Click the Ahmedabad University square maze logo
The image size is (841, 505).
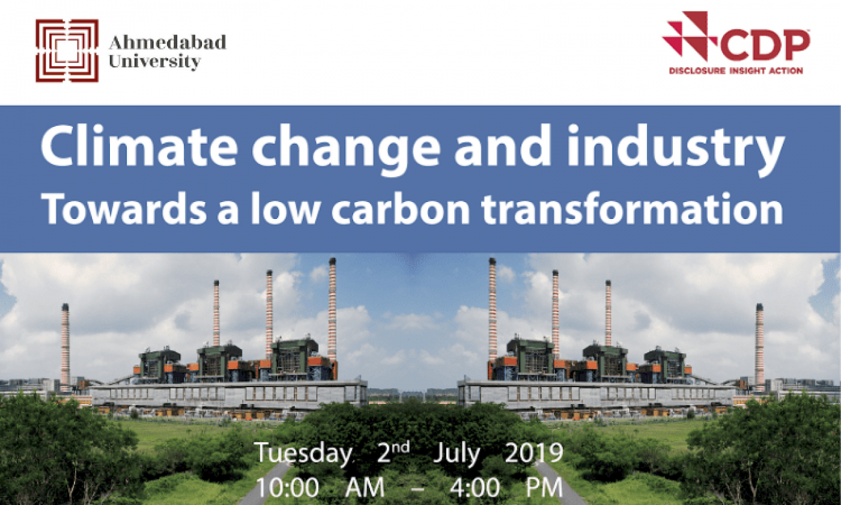click(67, 50)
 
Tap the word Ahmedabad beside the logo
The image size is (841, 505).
click(168, 43)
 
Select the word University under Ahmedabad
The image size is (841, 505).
click(155, 61)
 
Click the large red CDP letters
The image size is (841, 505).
click(765, 46)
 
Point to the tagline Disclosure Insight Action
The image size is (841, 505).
click(736, 71)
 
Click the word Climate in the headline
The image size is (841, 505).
click(139, 145)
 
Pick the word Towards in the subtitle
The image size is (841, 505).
click(126, 209)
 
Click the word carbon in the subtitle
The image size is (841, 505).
click(400, 209)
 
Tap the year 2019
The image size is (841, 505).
click(534, 453)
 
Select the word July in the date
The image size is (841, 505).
click(457, 454)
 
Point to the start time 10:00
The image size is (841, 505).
click(287, 488)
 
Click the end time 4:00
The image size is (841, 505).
click(475, 488)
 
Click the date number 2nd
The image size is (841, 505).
click(393, 452)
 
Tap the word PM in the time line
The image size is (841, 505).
click(544, 488)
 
